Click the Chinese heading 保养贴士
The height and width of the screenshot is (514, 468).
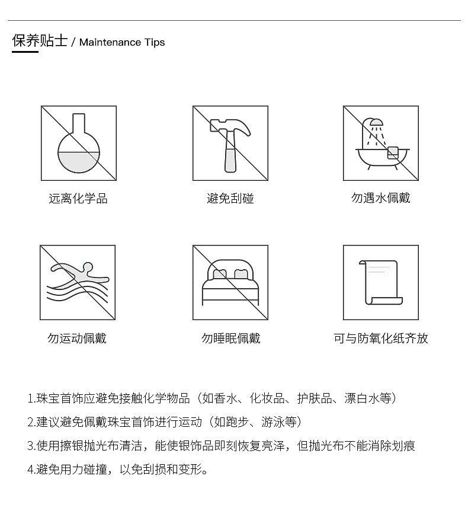pyautogui.click(x=40, y=41)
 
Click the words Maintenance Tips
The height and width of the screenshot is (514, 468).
pyautogui.click(x=122, y=43)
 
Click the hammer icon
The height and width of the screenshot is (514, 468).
pyautogui.click(x=230, y=143)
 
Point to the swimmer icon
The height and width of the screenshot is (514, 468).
pyautogui.click(x=78, y=282)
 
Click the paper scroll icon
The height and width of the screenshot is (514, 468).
pyautogui.click(x=380, y=282)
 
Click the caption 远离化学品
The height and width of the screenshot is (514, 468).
pyautogui.click(x=78, y=199)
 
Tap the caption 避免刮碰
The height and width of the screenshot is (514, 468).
pyautogui.click(x=230, y=199)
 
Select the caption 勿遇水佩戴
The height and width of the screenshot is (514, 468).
pyautogui.click(x=380, y=198)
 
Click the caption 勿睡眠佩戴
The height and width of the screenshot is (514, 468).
pyautogui.click(x=230, y=339)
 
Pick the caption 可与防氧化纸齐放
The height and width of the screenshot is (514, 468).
pyautogui.click(x=380, y=339)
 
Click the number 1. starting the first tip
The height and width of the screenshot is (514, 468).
pyautogui.click(x=31, y=398)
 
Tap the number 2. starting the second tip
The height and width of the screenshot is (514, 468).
pyautogui.click(x=31, y=422)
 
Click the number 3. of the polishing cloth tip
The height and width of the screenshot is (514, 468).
pyautogui.click(x=31, y=446)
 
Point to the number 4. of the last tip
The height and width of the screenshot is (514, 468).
pyautogui.click(x=31, y=470)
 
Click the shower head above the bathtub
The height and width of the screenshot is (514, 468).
pyautogui.click(x=374, y=124)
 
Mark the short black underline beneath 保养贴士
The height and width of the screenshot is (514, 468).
pyautogui.click(x=25, y=52)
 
